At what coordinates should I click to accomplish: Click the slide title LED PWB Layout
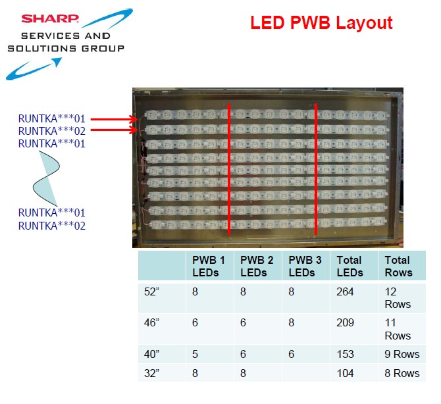321,24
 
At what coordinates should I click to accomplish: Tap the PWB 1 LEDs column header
204,266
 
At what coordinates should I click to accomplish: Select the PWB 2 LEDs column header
252,266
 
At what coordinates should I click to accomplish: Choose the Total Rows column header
398,266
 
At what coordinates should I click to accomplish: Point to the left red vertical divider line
229,168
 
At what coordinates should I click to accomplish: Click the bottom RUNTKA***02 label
52,226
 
